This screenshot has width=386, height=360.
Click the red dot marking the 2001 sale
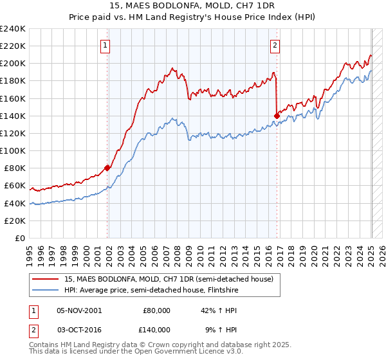107,168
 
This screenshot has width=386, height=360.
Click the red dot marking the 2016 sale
277,116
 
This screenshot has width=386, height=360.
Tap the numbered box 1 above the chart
104,45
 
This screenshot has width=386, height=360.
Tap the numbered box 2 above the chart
275,45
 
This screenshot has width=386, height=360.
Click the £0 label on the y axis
19,238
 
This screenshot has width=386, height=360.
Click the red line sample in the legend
45,279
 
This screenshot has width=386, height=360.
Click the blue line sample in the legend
45,290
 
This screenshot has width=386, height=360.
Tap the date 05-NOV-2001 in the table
79,310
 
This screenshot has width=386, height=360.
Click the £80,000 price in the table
156,310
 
